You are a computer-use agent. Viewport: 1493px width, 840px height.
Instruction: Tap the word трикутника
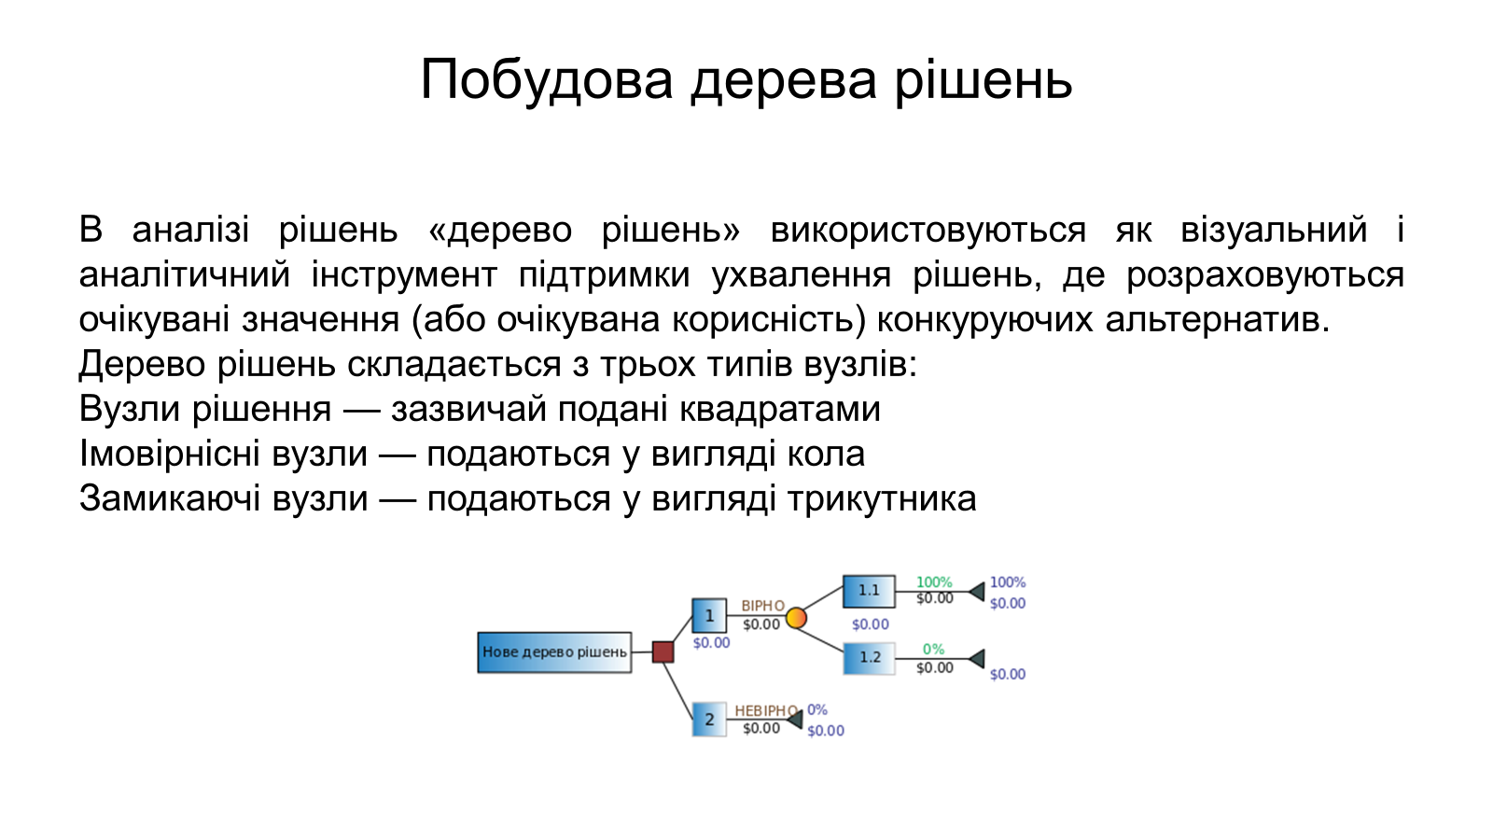click(x=882, y=499)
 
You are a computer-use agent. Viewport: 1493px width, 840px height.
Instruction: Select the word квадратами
click(x=780, y=410)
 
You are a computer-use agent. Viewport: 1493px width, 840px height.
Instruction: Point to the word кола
click(x=826, y=454)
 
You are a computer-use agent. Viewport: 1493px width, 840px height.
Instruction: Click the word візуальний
click(x=1274, y=230)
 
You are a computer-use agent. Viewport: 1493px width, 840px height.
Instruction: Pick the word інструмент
click(x=405, y=274)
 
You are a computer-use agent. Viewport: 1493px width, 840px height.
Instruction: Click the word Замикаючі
click(x=169, y=498)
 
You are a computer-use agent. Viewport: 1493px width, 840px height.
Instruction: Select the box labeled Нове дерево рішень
click(x=554, y=652)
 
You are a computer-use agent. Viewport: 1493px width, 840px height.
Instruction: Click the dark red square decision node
click(x=663, y=652)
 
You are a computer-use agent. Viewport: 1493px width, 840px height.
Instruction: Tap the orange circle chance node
click(x=796, y=618)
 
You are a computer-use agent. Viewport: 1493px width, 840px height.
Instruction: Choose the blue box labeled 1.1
click(x=869, y=592)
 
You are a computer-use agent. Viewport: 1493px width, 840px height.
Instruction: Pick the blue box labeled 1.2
click(x=869, y=658)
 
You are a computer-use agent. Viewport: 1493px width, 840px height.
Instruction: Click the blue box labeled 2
click(x=709, y=720)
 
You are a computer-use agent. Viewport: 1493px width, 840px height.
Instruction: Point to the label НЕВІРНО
click(x=766, y=710)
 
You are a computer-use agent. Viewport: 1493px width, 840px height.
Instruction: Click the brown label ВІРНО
click(x=763, y=606)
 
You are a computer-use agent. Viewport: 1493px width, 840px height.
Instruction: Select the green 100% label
click(x=934, y=582)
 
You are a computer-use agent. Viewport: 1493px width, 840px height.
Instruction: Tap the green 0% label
click(x=933, y=649)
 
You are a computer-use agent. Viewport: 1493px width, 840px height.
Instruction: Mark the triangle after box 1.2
click(x=977, y=659)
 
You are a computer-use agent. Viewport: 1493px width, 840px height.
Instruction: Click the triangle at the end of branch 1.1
click(x=977, y=592)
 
